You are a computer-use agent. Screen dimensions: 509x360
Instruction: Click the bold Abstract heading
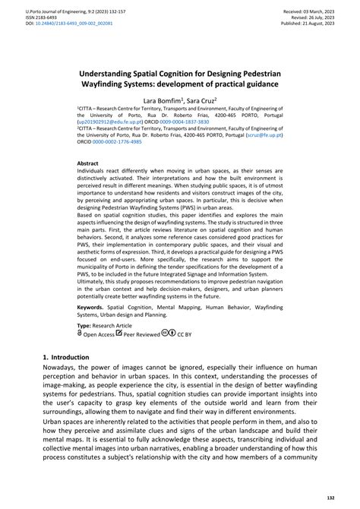(88, 163)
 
